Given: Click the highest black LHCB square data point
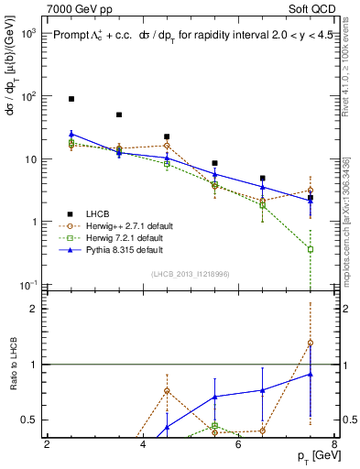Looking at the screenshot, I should click(71, 98).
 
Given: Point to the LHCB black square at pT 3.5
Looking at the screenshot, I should click(119, 115).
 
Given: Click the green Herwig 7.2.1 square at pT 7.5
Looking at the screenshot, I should click(311, 249).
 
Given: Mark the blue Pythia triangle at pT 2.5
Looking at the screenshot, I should click(71, 134).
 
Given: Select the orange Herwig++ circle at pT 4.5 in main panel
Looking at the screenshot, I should click(167, 145).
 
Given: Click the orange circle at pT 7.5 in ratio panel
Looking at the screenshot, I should click(311, 343).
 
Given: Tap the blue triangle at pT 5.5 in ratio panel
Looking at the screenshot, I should click(214, 397).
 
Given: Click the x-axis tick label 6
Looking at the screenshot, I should click(238, 444).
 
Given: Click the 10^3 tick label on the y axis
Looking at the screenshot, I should click(27, 32).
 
